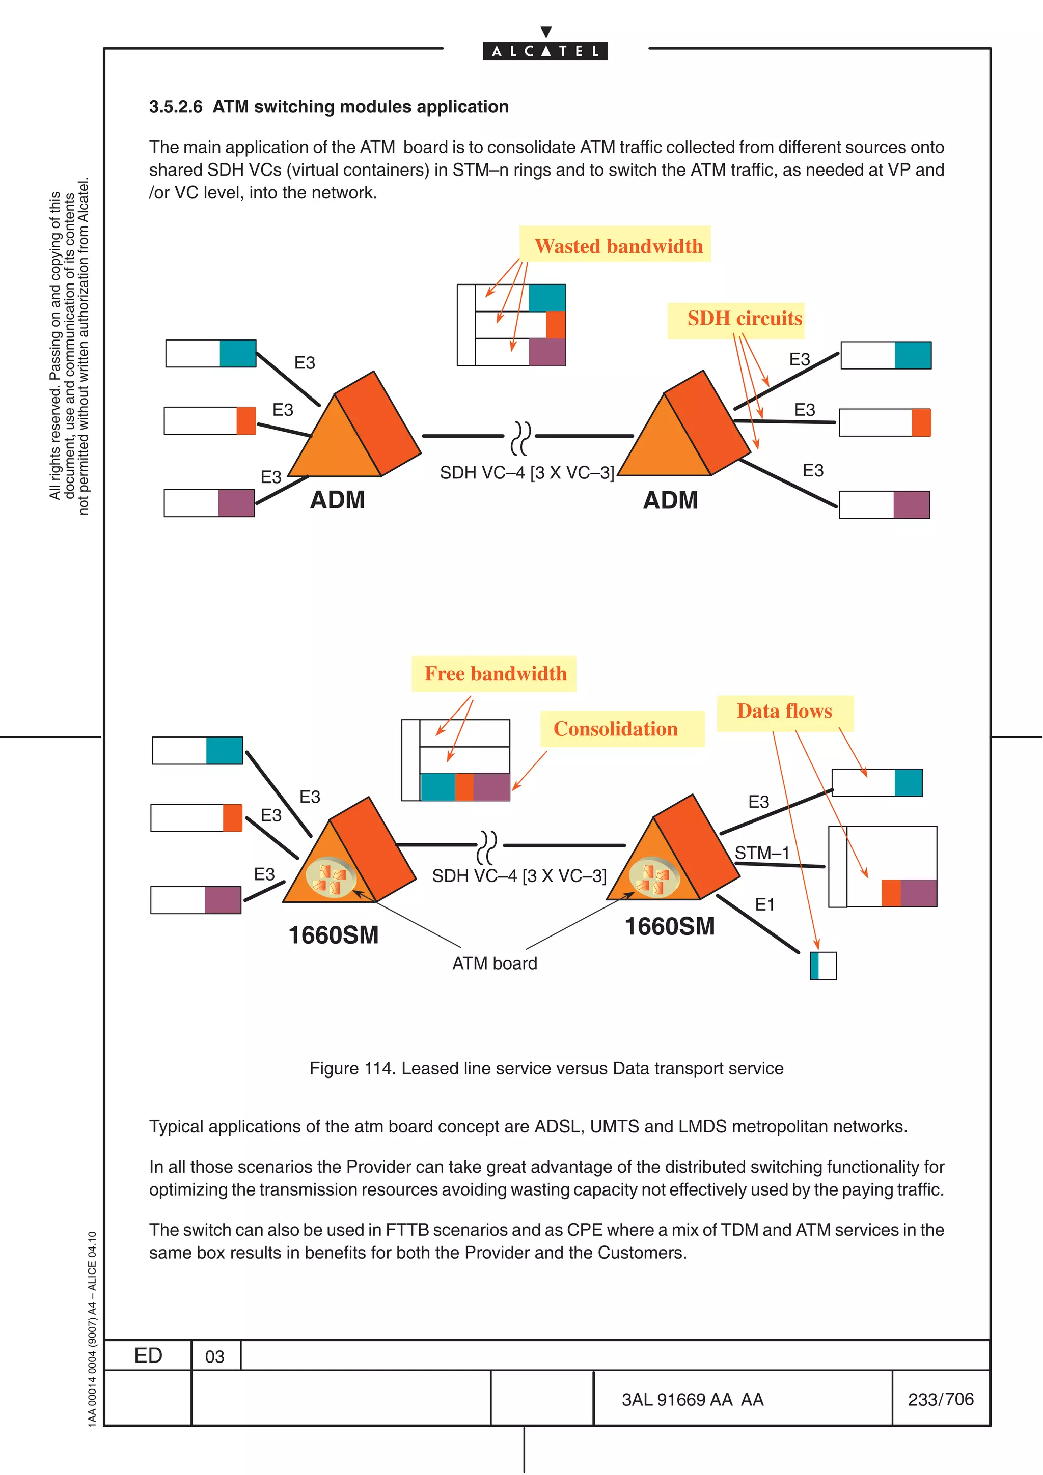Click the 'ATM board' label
click(494, 963)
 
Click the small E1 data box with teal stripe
click(822, 966)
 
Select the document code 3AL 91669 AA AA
click(692, 1399)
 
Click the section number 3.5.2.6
click(175, 107)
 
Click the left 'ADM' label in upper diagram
click(337, 500)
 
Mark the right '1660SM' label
click(669, 926)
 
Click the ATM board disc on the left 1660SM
click(331, 877)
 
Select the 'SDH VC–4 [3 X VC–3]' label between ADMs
click(526, 473)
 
